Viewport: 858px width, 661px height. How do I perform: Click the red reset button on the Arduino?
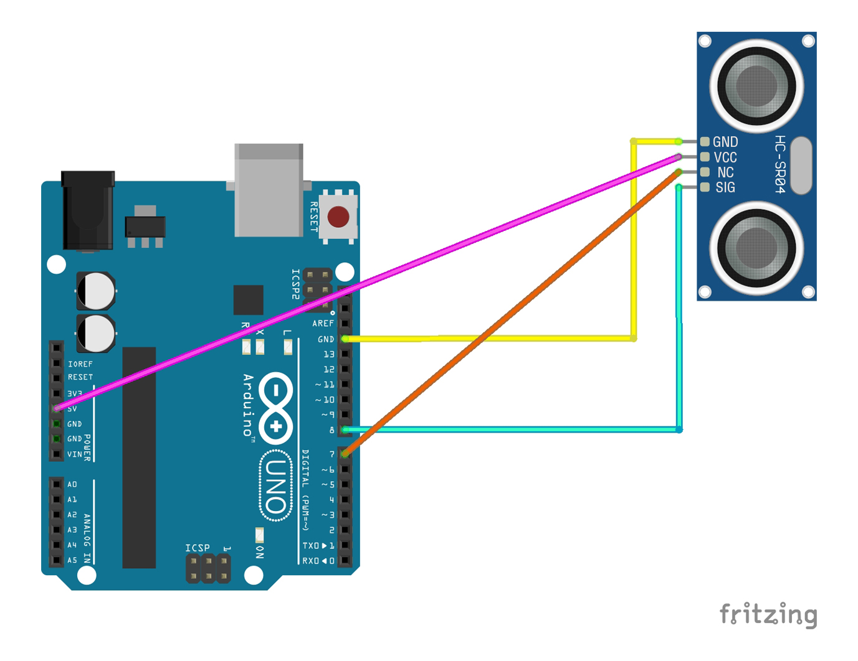(x=338, y=217)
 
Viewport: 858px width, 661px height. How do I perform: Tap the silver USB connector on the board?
(x=269, y=190)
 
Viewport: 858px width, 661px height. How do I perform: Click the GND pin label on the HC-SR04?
(x=725, y=142)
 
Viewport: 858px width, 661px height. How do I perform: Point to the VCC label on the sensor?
(x=725, y=157)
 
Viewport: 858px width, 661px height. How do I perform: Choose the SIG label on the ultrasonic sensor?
(x=725, y=187)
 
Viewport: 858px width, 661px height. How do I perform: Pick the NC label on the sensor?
(x=725, y=172)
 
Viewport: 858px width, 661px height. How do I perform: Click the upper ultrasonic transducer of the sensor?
(x=756, y=85)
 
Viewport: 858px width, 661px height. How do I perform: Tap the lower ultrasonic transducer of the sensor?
(x=756, y=248)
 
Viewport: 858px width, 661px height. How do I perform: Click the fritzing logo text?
(x=768, y=614)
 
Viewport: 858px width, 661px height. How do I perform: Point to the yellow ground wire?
(x=634, y=249)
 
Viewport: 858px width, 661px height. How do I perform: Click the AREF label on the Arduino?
(x=323, y=324)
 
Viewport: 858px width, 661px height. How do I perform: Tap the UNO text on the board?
(x=275, y=487)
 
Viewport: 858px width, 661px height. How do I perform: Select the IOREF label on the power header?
(x=80, y=364)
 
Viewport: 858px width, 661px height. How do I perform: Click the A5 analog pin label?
(x=72, y=560)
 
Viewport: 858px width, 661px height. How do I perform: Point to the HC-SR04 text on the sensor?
(x=779, y=164)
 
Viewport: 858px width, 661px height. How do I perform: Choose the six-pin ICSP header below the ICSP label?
(x=208, y=568)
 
